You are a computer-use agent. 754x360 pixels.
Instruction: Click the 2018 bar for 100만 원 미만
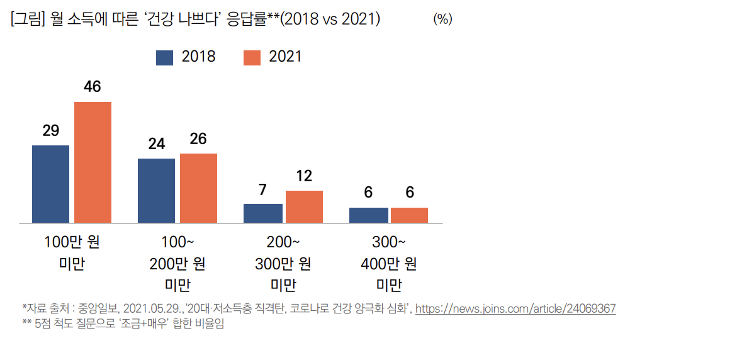[51, 184]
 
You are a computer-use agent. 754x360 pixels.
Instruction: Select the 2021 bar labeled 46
[93, 162]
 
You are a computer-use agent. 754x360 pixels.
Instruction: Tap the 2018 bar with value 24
[157, 191]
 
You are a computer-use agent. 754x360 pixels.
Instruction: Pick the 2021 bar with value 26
[199, 188]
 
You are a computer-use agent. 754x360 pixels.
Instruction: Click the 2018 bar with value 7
[263, 213]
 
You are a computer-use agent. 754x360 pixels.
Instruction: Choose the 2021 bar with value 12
[305, 206]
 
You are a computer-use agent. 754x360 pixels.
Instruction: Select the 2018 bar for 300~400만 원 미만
[369, 215]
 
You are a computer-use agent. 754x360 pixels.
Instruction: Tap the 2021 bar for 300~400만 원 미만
[410, 215]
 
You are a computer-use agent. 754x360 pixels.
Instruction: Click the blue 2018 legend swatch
[164, 58]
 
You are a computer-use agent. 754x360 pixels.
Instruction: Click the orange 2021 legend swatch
[252, 58]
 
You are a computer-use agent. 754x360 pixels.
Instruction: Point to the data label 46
[93, 87]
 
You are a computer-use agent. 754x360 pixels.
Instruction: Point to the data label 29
[51, 131]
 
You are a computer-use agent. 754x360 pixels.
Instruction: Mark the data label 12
[304, 176]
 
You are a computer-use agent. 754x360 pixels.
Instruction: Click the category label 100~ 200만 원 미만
[177, 264]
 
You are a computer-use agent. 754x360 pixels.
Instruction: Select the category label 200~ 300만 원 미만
[283, 264]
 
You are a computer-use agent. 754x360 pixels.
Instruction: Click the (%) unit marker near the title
[442, 20]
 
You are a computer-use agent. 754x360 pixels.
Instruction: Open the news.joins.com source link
[515, 309]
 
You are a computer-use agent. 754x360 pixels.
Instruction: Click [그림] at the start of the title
[25, 20]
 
